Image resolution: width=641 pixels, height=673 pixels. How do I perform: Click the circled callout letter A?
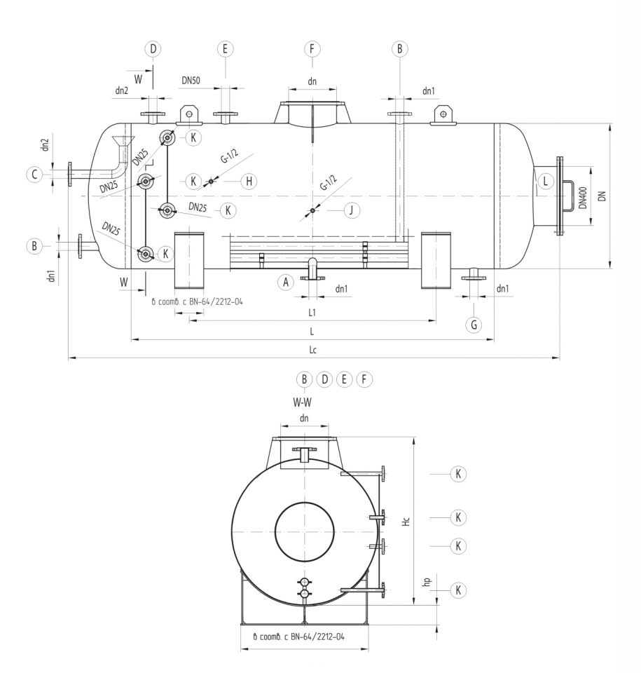[284, 282]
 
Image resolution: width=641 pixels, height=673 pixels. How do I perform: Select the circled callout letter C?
[33, 175]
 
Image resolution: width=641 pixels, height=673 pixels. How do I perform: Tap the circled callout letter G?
[474, 325]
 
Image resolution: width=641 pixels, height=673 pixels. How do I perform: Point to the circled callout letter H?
[248, 181]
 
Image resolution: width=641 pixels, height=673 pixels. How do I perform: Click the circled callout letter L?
[546, 182]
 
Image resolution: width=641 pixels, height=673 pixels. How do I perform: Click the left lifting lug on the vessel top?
[188, 114]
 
